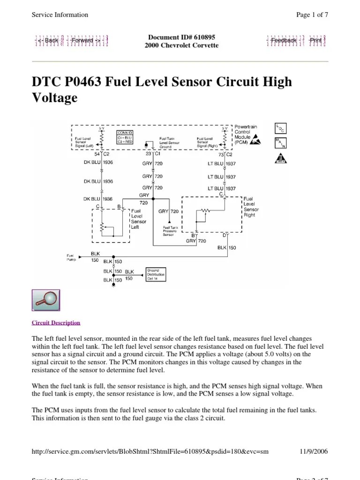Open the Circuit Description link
56,322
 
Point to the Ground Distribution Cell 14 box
156,274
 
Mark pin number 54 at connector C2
97,154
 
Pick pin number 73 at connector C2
220,154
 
